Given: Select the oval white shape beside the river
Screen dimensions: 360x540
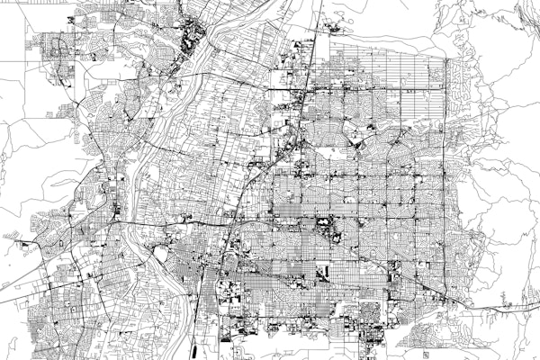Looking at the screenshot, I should click(161, 255).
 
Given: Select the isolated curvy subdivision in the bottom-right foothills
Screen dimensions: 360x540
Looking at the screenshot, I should click(423, 335).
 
